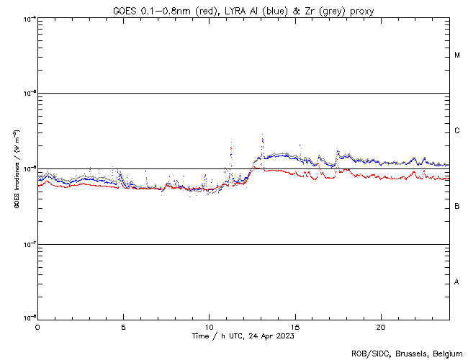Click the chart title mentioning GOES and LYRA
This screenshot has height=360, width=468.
pos(243,10)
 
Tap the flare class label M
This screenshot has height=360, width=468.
pos(457,55)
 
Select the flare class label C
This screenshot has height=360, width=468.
pos(457,131)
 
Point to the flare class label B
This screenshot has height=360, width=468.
pos(457,207)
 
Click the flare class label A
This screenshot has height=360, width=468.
pos(457,282)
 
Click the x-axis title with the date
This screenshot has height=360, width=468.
pos(243,336)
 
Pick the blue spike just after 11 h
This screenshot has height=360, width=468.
pos(231,144)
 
